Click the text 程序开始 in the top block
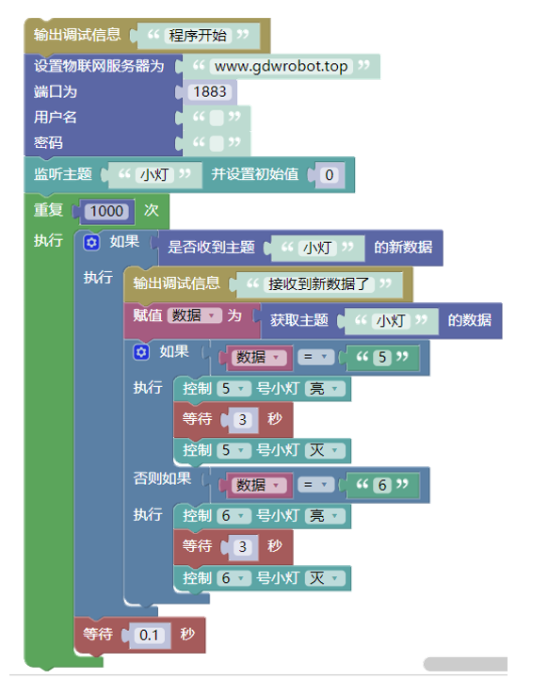(198, 36)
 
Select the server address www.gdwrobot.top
(282, 67)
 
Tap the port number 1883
(210, 91)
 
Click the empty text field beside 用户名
(217, 118)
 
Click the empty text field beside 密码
(217, 143)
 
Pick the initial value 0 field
(330, 175)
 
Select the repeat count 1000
(106, 212)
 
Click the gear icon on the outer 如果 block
(91, 243)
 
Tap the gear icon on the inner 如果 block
(141, 352)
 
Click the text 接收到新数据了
(319, 284)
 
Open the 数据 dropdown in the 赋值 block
(194, 315)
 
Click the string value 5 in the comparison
(382, 357)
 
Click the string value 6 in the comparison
(382, 485)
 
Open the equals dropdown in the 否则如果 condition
(315, 485)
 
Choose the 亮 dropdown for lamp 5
(325, 389)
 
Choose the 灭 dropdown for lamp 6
(325, 578)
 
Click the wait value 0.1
(149, 636)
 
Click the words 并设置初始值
(255, 174)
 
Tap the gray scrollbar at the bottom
(465, 664)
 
